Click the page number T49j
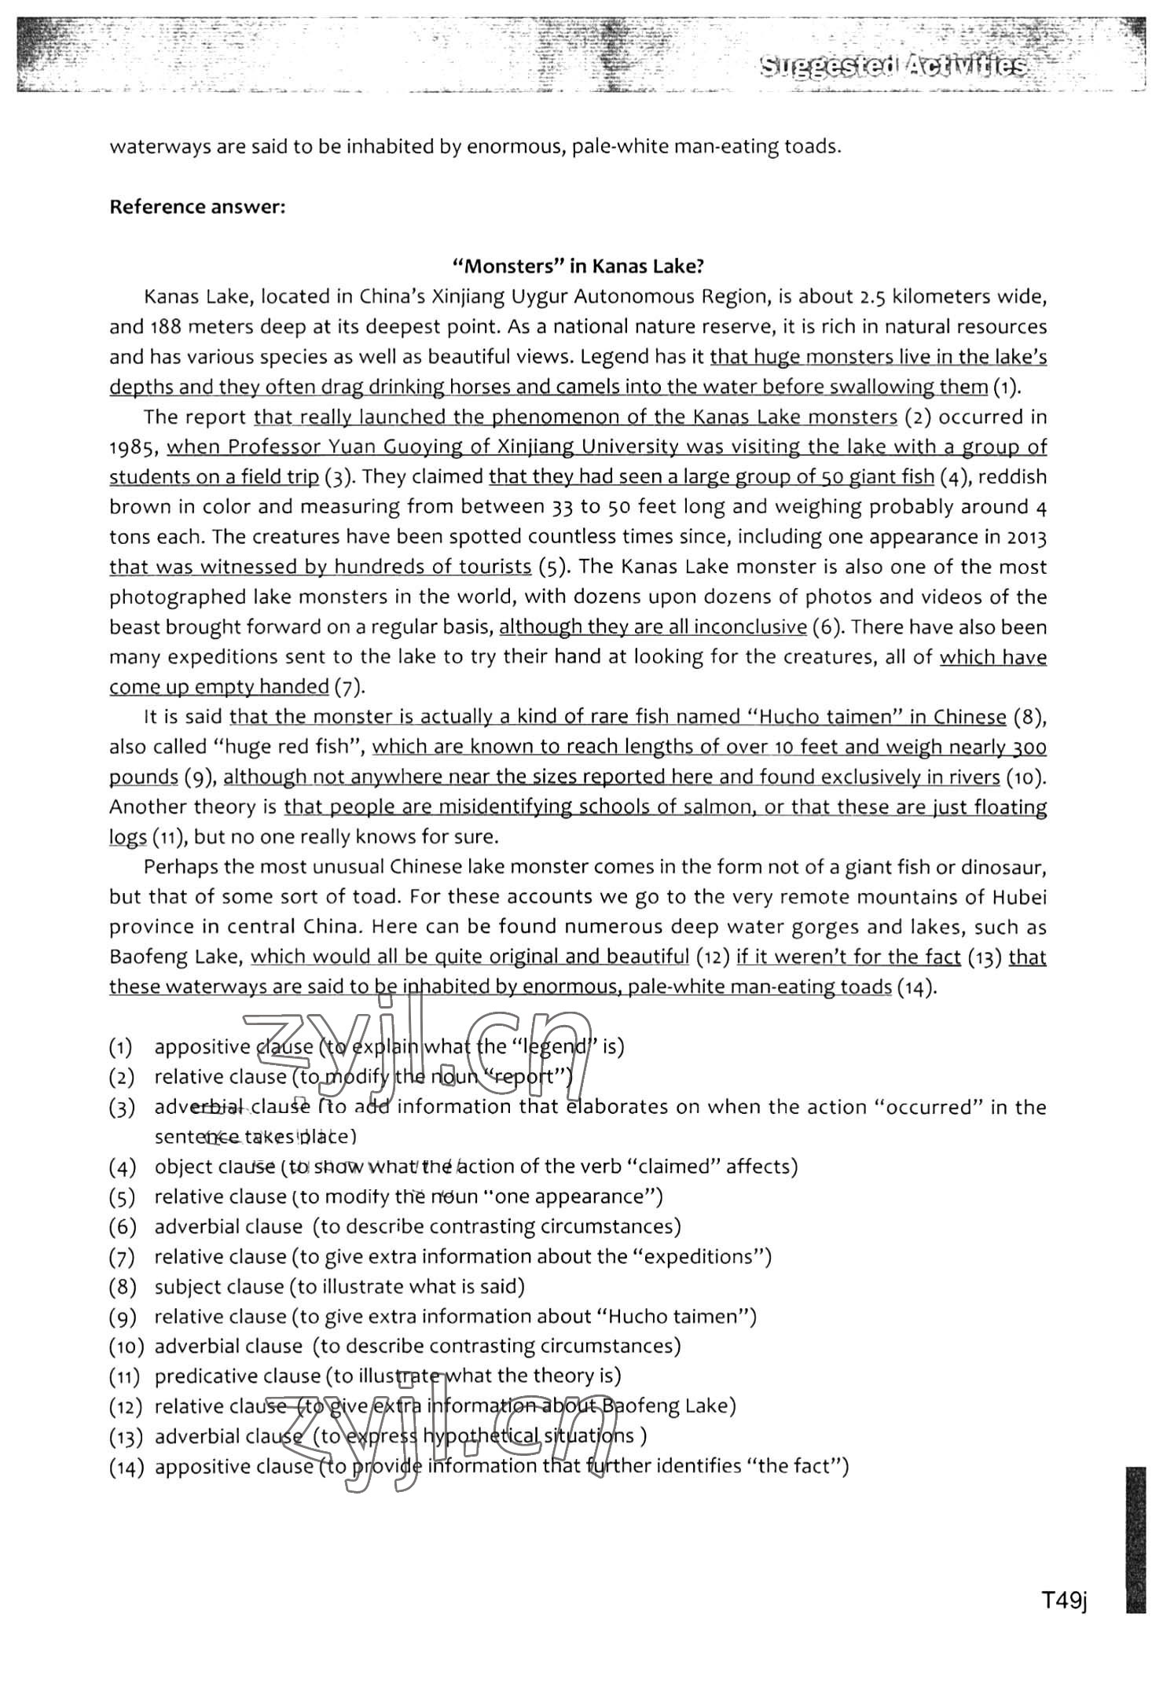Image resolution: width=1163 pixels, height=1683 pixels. click(x=1063, y=1600)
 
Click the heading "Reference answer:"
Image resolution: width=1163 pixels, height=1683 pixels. click(x=196, y=207)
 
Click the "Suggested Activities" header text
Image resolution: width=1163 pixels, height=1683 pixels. click(x=893, y=67)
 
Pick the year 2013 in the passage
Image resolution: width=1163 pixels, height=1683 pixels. click(x=1026, y=538)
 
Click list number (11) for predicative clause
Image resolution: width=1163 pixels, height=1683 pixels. click(x=126, y=1376)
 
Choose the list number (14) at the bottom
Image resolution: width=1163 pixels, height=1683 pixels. click(x=126, y=1467)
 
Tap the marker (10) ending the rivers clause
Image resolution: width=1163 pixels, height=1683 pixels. click(x=1025, y=778)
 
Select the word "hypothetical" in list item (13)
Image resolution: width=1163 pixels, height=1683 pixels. click(x=480, y=1436)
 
